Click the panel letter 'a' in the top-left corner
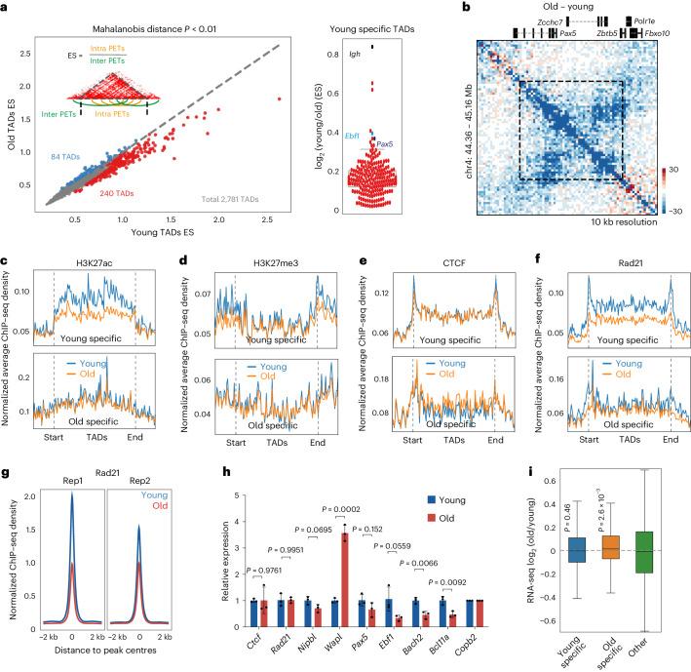pyautogui.click(x=6, y=7)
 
